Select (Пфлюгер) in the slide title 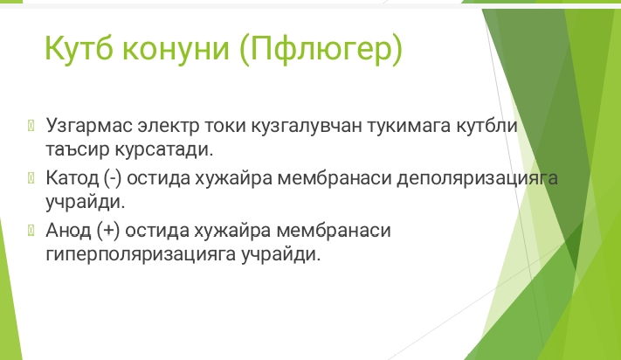point(321,50)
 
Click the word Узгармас point(89,126)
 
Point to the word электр point(169,126)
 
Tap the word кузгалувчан point(307,126)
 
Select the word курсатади point(164,149)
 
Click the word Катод point(72,178)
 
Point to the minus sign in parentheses point(113,178)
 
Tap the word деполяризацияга point(477,179)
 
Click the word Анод point(68,230)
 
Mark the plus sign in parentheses point(108,231)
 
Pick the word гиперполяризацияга point(141,255)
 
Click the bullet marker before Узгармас point(31,126)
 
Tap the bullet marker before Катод point(31,178)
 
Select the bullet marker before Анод point(31,230)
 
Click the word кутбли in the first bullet point(486,126)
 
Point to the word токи point(225,126)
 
